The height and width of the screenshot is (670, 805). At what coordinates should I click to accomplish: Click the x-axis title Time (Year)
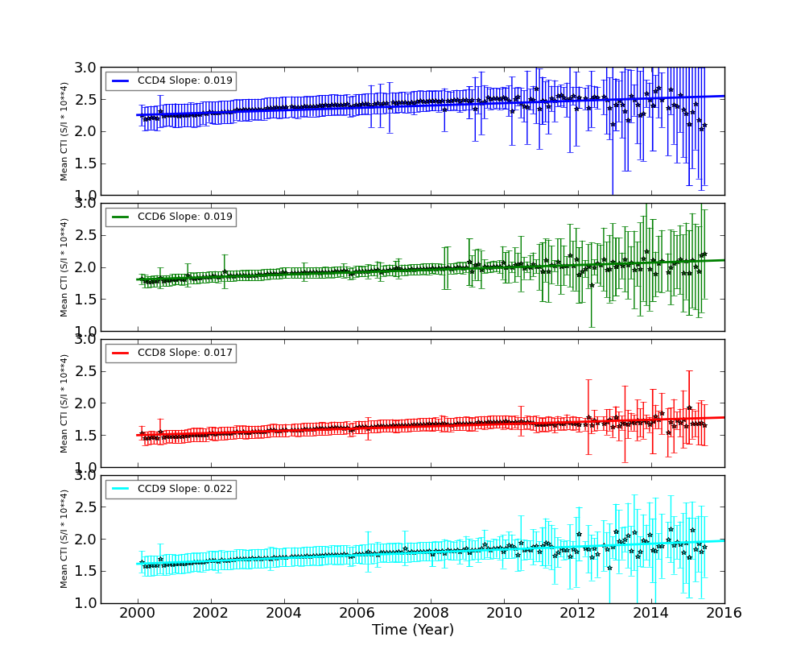click(412, 631)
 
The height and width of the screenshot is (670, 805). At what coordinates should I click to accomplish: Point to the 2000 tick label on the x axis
click(138, 613)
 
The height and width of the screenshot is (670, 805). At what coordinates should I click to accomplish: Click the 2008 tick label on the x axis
click(431, 613)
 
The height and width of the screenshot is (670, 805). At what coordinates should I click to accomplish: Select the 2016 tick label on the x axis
click(724, 613)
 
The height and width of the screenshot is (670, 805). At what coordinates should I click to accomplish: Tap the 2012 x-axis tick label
click(577, 613)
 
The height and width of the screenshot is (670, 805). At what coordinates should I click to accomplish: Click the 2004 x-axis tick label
click(284, 613)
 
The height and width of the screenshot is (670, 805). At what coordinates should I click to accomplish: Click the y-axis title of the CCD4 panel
click(64, 130)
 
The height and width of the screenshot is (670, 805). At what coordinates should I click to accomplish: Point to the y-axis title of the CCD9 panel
click(64, 539)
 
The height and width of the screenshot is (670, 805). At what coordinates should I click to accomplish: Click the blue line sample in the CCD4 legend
click(120, 81)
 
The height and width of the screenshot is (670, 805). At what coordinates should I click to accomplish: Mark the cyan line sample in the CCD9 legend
click(120, 489)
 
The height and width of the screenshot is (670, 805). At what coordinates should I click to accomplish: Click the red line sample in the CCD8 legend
click(120, 353)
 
